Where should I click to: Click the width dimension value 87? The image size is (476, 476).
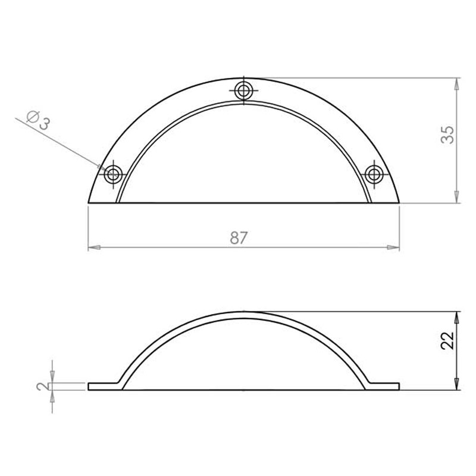click(x=239, y=237)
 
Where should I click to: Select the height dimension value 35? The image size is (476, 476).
click(x=447, y=134)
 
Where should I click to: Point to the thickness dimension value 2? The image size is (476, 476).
click(x=42, y=386)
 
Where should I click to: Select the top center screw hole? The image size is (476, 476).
click(x=243, y=91)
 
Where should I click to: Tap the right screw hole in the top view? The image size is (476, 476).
click(x=374, y=174)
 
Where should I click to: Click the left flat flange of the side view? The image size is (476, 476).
click(x=104, y=386)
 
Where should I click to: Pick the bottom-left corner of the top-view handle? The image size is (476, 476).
click(x=89, y=203)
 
